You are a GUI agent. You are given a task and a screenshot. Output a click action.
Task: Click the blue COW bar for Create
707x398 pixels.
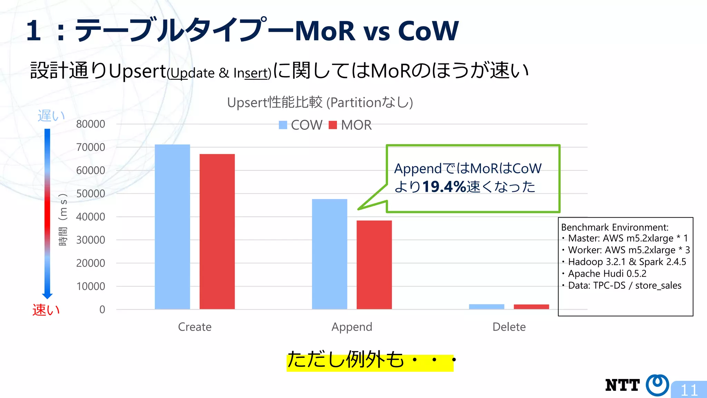172,227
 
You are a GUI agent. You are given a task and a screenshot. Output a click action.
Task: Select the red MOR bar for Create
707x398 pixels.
217,231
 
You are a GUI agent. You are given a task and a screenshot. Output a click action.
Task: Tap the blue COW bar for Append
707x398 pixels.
329,254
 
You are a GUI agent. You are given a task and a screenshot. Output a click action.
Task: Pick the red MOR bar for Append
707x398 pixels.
374,265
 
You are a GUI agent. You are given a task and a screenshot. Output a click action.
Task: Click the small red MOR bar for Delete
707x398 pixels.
531,307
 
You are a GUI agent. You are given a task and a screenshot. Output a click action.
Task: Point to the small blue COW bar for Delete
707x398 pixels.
486,307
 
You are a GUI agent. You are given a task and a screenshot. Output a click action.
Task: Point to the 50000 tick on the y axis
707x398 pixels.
90,193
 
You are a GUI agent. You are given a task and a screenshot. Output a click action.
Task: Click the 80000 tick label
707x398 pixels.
90,124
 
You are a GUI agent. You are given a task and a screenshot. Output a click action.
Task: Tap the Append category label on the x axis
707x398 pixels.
352,327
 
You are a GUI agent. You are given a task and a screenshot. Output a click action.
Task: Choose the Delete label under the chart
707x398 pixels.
509,327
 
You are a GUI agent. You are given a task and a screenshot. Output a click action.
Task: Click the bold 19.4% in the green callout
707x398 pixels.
444,187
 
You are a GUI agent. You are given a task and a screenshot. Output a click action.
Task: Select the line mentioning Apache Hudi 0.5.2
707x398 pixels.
607,274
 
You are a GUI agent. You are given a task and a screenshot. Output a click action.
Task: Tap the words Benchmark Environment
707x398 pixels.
614,227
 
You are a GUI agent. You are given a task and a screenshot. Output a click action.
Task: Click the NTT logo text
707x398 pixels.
622,385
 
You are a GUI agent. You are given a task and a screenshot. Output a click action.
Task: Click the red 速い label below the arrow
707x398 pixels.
46,310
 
